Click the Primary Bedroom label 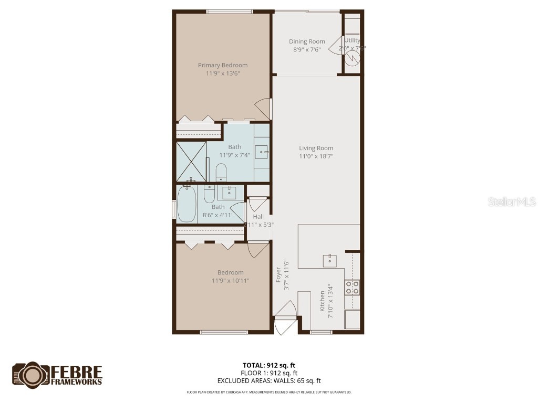[222, 65]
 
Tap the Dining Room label [307, 41]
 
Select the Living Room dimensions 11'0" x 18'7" [316, 156]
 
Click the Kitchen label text [322, 301]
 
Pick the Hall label [258, 216]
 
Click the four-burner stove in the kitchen [352, 287]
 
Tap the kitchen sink [330, 259]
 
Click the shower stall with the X [191, 161]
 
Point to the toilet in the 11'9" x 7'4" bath [221, 172]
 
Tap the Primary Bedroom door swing [263, 109]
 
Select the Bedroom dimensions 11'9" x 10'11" [230, 281]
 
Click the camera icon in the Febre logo [31, 374]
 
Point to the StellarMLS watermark [511, 201]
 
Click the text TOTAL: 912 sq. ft [268, 365]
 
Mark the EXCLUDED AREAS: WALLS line [268, 381]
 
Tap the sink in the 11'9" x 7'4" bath [262, 153]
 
